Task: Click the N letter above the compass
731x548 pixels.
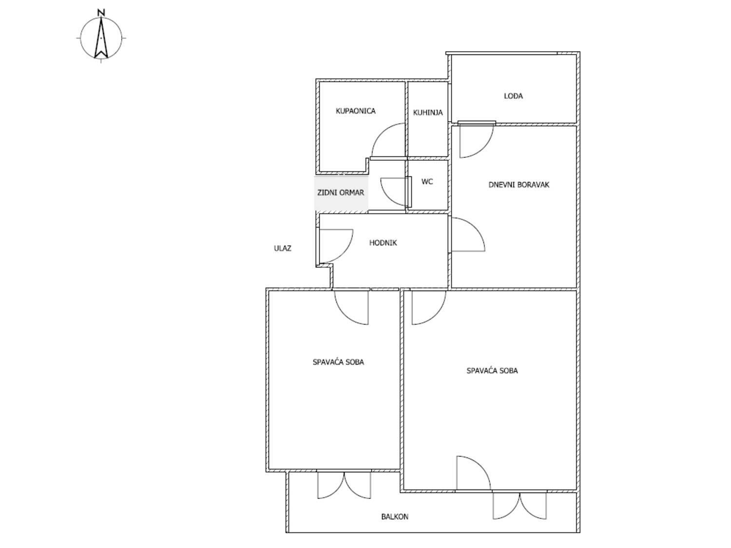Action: [101, 13]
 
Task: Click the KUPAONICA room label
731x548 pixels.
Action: [355, 111]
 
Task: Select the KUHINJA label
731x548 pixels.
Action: [427, 113]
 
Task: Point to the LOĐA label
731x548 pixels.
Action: [513, 96]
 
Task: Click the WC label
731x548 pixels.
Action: [427, 181]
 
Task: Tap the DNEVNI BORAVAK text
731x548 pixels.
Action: [519, 184]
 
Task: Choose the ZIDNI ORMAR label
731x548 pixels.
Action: [340, 192]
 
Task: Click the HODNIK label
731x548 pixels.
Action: [383, 243]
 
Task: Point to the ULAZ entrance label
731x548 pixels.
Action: [282, 248]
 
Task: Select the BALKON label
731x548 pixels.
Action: [395, 516]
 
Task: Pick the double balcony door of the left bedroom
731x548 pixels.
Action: [344, 485]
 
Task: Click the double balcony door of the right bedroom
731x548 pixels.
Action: [519, 506]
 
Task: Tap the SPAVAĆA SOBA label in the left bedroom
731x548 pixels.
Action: [338, 361]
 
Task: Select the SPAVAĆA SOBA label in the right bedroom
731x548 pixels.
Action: [492, 370]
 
